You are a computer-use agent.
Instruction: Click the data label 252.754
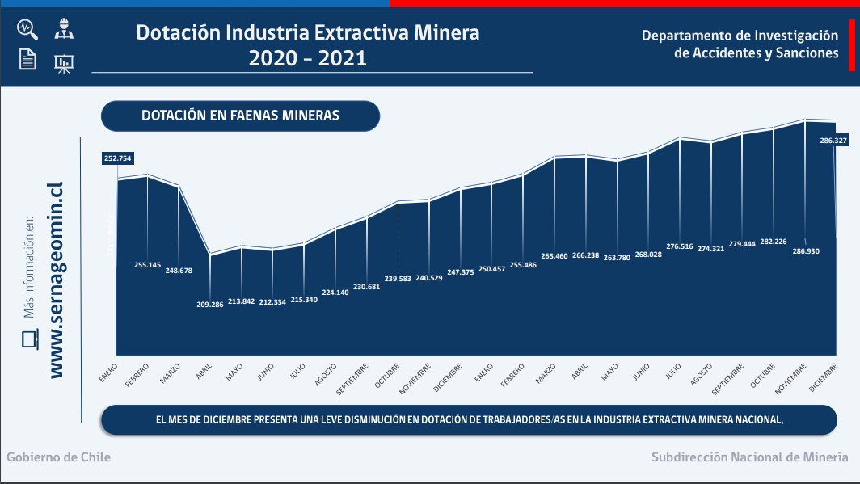[x=117, y=158]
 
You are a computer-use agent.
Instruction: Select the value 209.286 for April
[x=209, y=305]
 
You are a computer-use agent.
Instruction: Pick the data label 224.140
[x=335, y=293]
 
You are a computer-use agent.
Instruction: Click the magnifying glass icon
[x=27, y=29]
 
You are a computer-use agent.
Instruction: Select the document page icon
[x=27, y=59]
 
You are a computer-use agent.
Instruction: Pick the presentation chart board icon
[x=62, y=63]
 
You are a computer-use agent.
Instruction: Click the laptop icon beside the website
[x=30, y=339]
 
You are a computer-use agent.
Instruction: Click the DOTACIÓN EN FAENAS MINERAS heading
[x=240, y=116]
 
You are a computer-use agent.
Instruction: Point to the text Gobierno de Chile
[x=59, y=457]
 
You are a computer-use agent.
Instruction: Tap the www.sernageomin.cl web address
[x=56, y=279]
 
